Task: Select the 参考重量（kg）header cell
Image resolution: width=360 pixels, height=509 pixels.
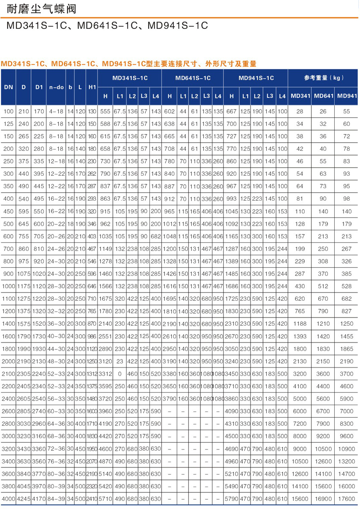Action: click(323, 78)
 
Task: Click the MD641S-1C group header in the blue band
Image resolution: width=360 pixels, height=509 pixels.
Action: click(193, 78)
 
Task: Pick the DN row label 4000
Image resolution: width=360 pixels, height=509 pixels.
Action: click(8, 499)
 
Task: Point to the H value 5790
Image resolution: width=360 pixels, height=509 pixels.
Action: click(232, 499)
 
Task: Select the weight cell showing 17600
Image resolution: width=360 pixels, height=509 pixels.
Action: click(347, 499)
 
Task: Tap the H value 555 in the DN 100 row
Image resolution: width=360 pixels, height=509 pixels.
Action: click(105, 111)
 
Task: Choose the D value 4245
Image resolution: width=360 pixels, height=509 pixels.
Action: click(24, 499)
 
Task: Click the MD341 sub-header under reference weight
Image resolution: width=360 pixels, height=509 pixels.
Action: click(300, 96)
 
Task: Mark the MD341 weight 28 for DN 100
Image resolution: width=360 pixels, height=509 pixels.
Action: click(300, 111)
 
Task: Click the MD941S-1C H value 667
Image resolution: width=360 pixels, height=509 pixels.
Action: click(232, 111)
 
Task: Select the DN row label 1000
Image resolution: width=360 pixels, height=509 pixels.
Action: click(8, 286)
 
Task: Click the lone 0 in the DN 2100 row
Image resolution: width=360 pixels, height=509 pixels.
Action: click(119, 374)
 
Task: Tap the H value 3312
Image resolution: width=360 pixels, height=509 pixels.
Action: click(105, 374)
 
